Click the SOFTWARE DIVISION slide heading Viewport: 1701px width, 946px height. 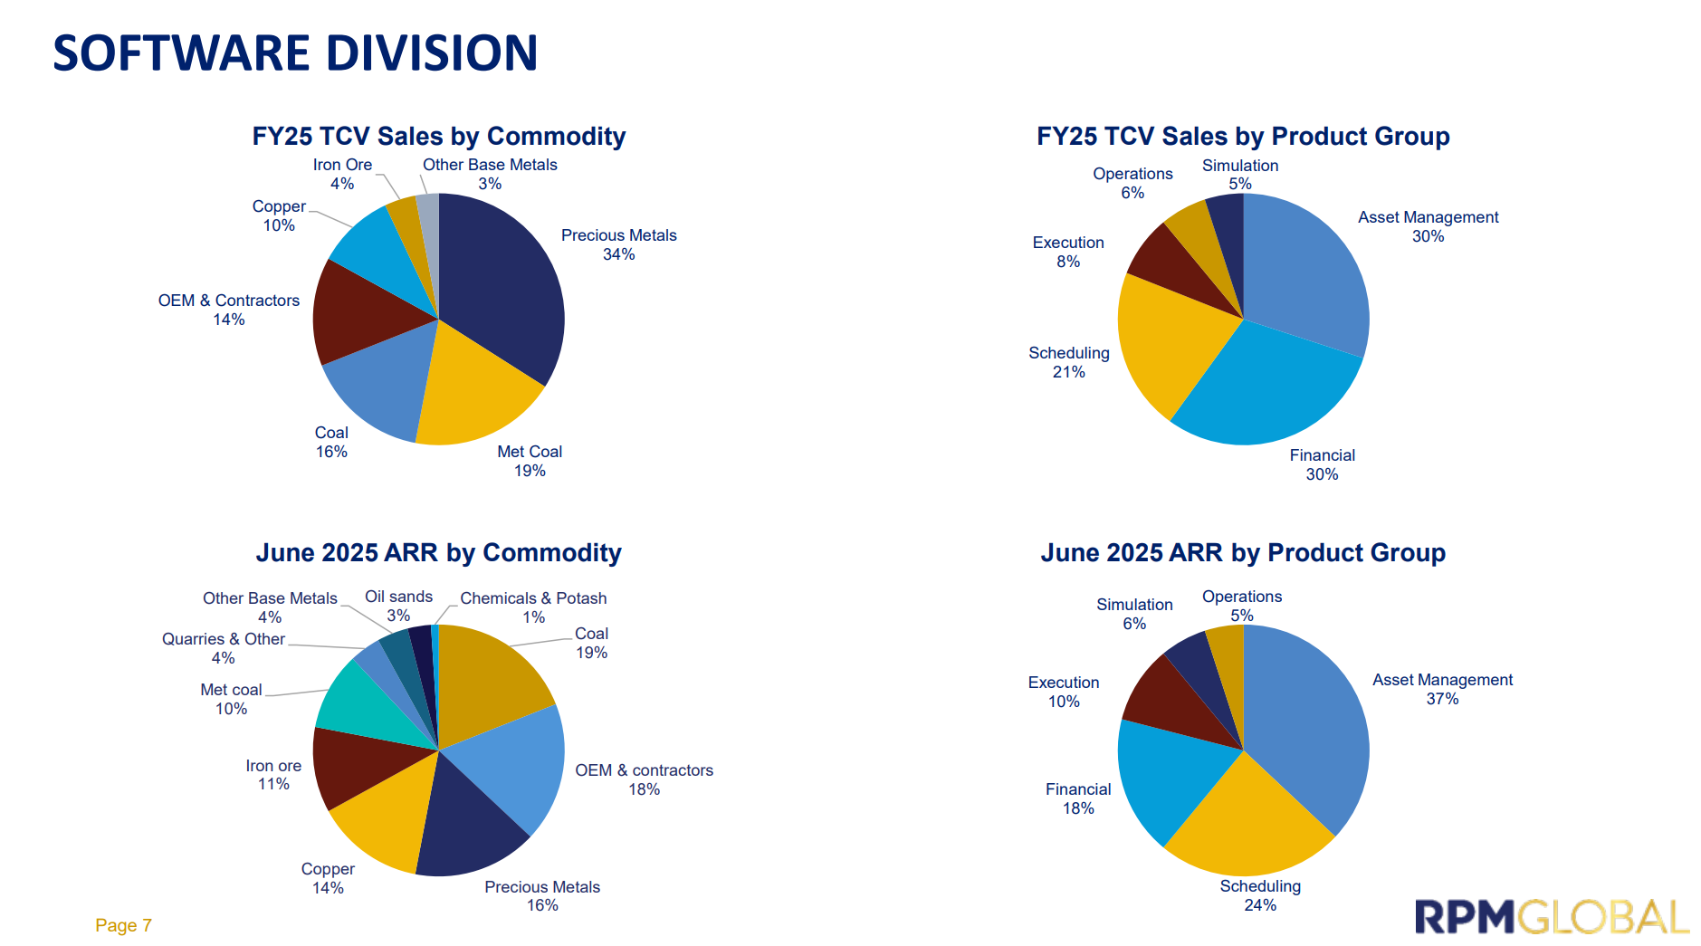(x=295, y=53)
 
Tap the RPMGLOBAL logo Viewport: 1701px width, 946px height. (x=1552, y=917)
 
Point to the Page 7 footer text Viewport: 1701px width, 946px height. (x=123, y=925)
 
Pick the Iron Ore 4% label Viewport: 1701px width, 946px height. (x=342, y=174)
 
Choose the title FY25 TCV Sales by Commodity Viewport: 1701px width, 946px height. (x=438, y=136)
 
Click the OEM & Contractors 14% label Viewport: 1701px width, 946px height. (x=229, y=310)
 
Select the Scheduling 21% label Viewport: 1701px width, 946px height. (x=1069, y=362)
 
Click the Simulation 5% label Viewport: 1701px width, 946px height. (x=1240, y=174)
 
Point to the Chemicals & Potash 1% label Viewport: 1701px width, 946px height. (x=533, y=607)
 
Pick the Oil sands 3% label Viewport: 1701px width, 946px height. (x=398, y=606)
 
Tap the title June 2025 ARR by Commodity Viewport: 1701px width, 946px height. (x=438, y=552)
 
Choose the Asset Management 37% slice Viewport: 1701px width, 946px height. (x=1313, y=724)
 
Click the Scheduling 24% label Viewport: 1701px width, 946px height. (x=1260, y=895)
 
